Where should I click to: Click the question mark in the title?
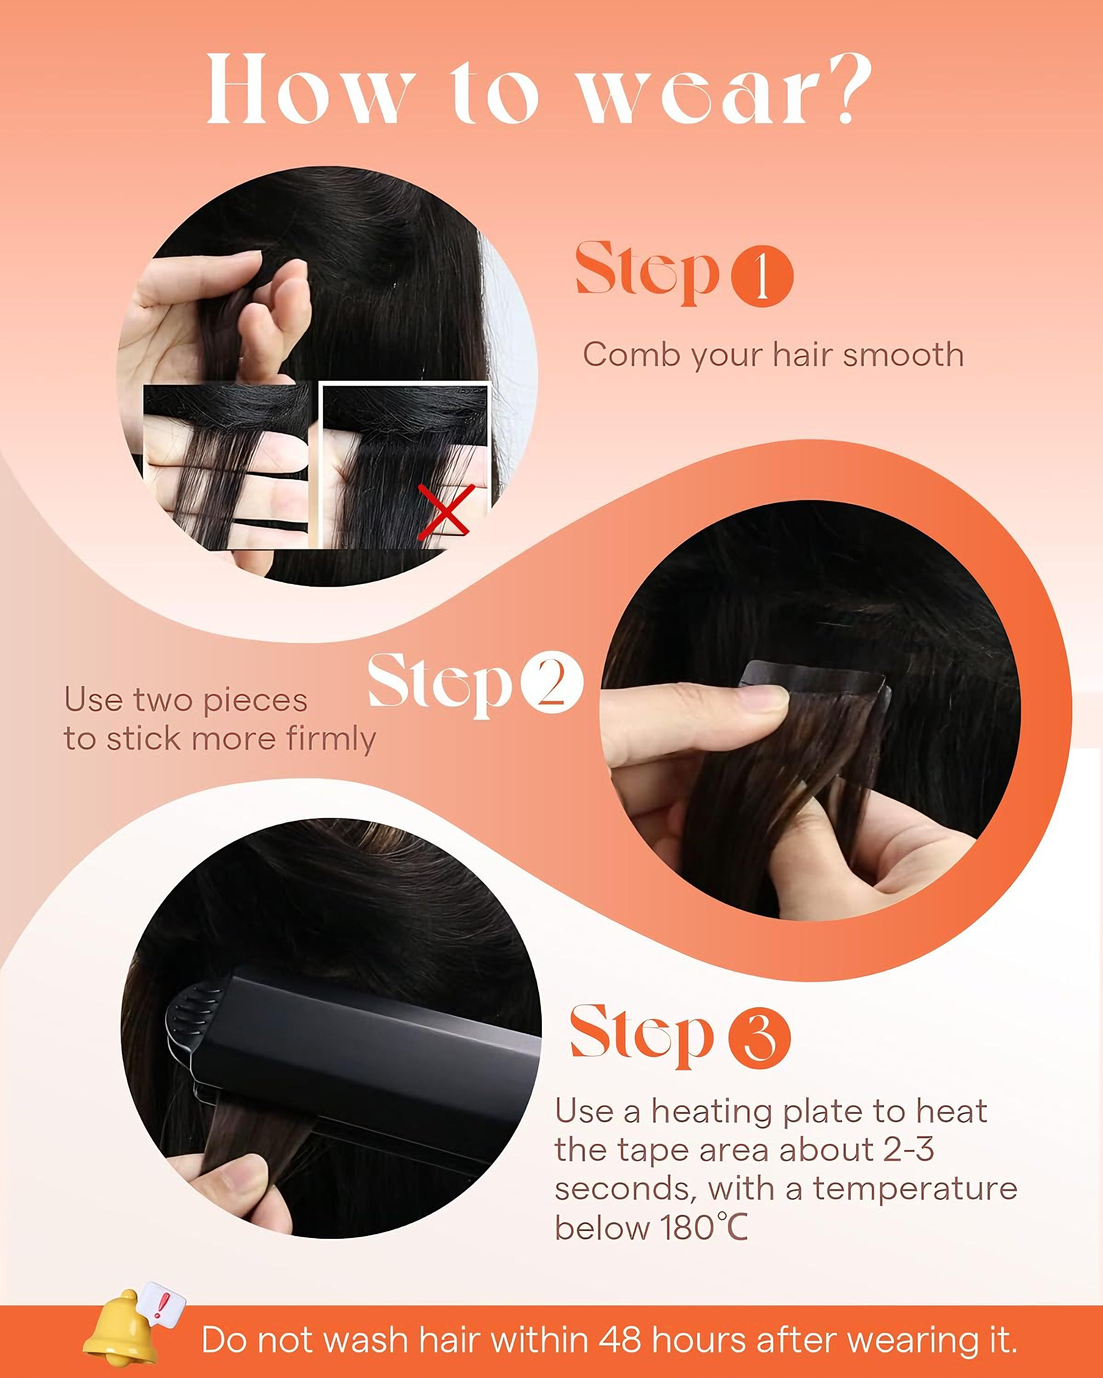[x=845, y=90]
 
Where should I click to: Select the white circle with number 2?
[x=552, y=682]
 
